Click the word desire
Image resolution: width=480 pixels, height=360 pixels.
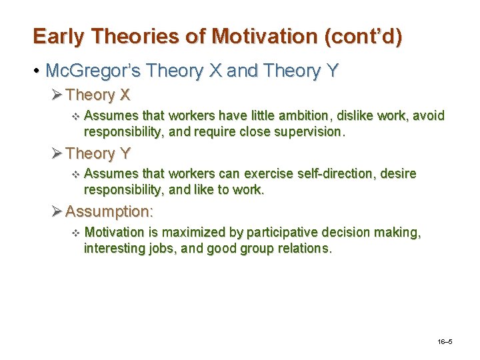[x=398, y=174]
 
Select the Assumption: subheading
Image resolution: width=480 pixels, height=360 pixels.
[x=109, y=211]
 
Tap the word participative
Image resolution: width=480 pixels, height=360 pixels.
[x=284, y=232]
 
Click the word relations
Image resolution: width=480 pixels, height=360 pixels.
[x=299, y=248]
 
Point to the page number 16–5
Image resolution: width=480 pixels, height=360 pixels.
[x=445, y=341]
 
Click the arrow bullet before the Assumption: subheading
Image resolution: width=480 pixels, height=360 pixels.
[x=57, y=211]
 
